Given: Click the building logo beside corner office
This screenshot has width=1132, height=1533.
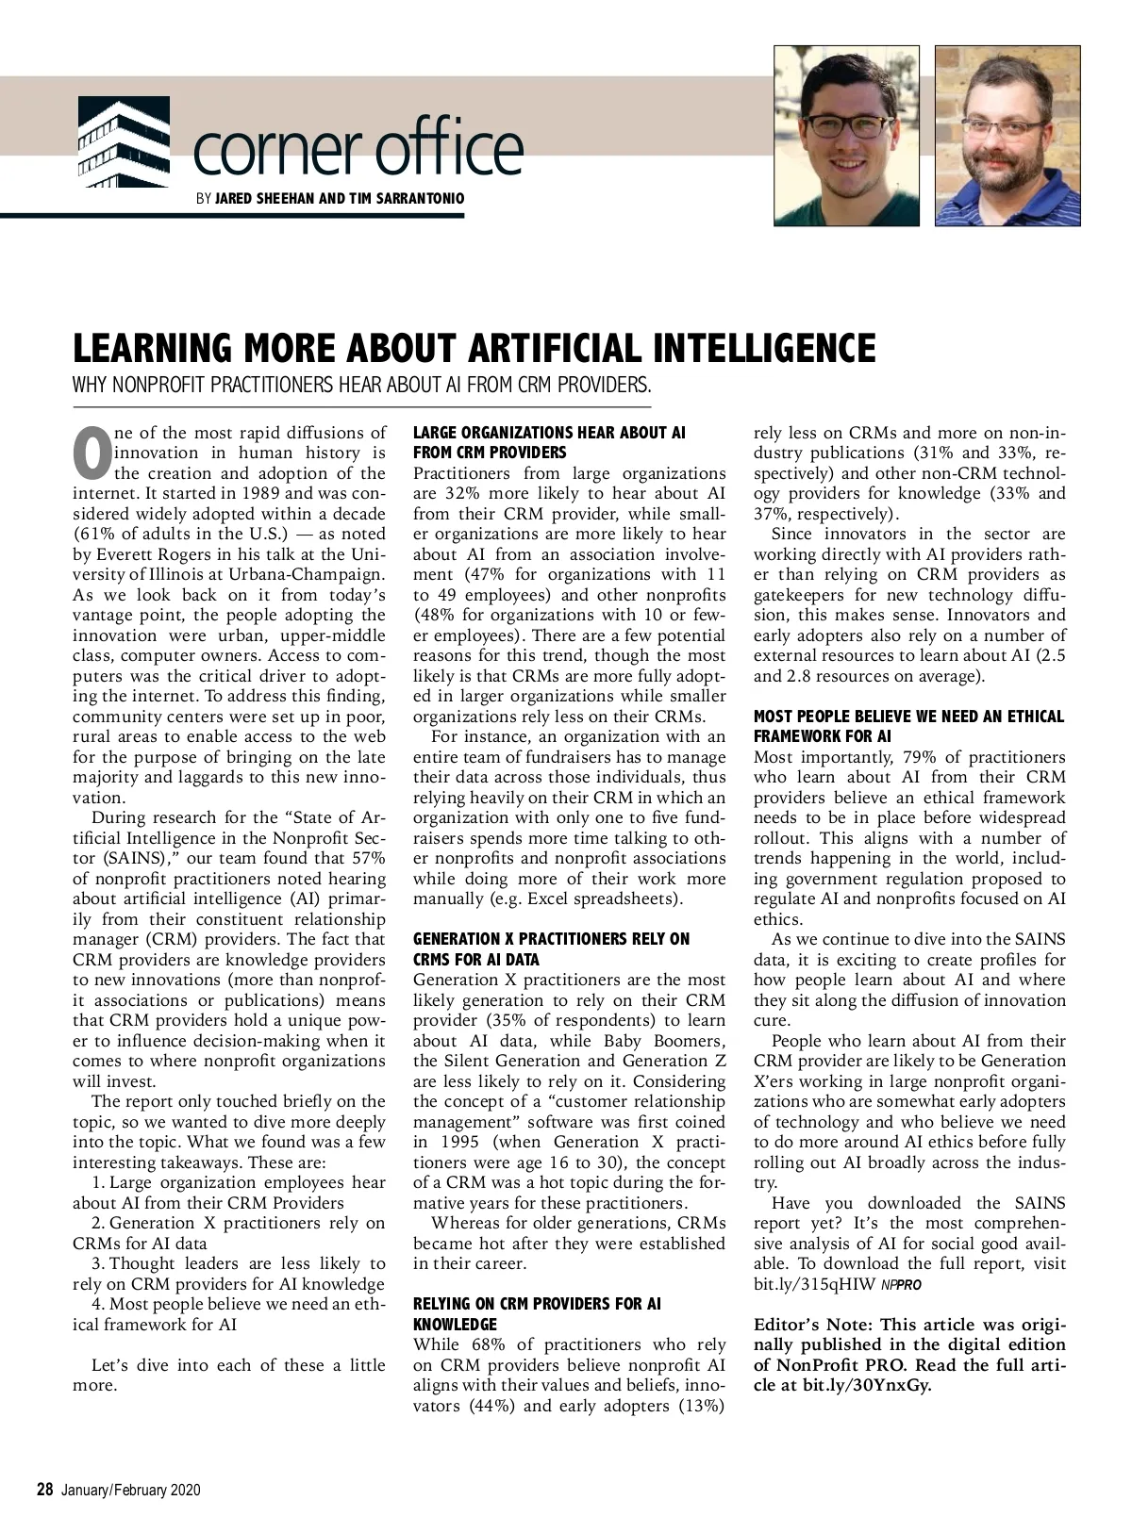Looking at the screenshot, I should click(123, 140).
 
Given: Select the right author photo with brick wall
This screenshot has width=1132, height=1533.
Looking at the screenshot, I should click(1007, 136).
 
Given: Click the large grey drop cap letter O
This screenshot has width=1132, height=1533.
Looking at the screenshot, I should click(91, 453).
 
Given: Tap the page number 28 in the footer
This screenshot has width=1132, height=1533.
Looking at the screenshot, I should click(44, 1490).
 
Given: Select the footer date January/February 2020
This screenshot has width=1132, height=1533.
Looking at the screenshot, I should click(131, 1491).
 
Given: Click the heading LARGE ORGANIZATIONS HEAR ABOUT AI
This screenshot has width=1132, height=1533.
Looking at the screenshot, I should click(549, 433).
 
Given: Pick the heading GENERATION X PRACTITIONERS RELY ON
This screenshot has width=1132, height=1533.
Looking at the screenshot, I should click(551, 939).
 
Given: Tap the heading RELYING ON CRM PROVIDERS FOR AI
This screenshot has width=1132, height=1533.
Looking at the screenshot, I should click(537, 1304).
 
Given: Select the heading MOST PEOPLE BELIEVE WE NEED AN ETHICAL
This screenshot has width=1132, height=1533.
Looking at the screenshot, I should click(908, 717).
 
